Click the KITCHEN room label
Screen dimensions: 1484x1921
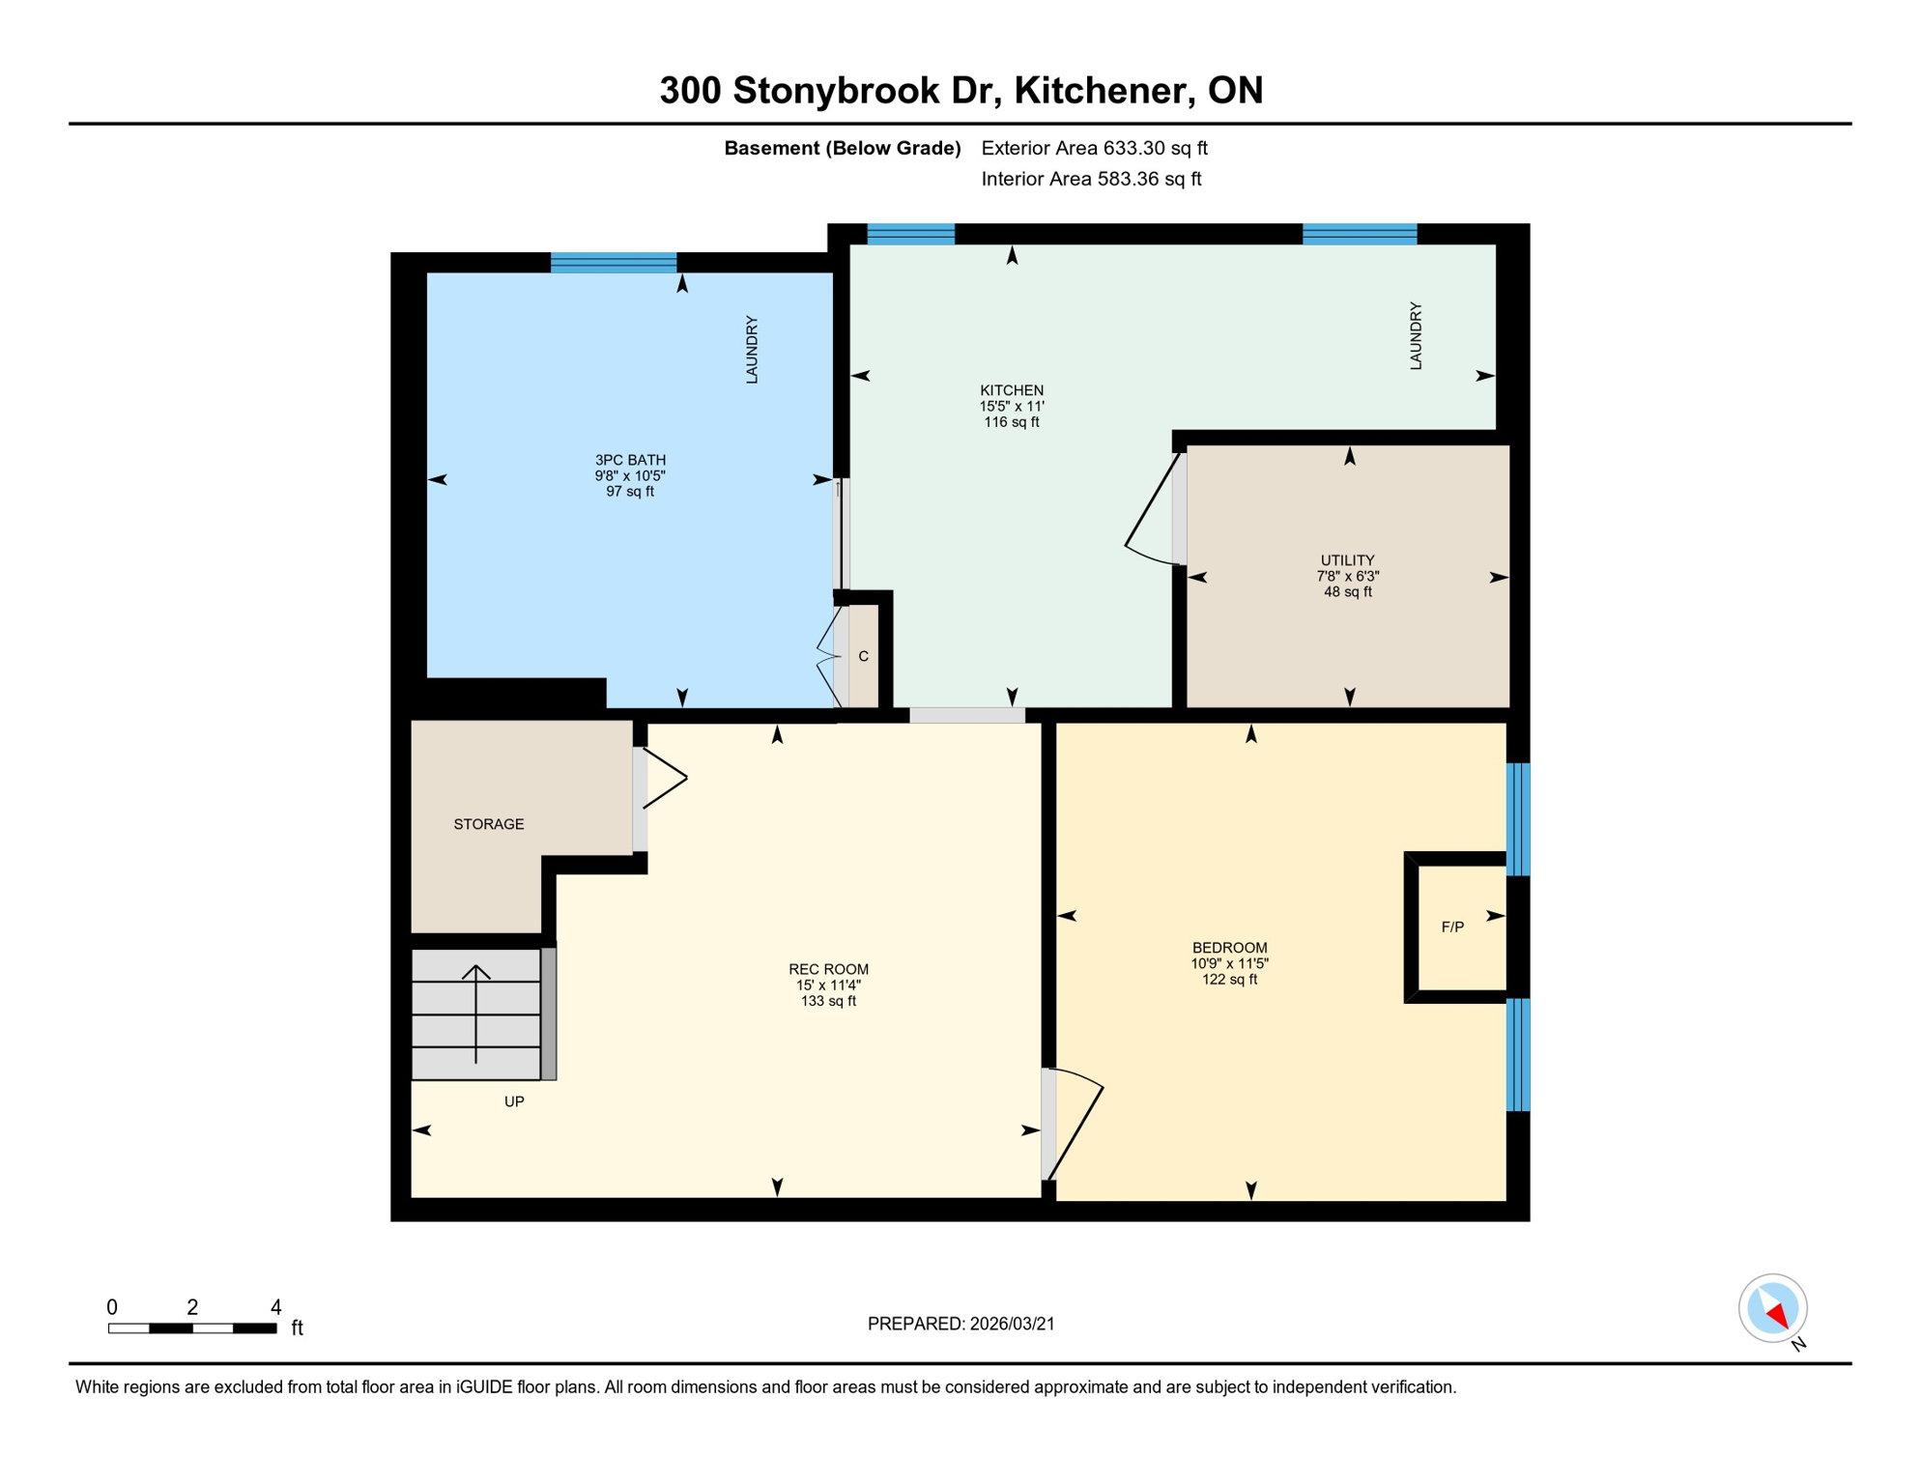[1011, 390]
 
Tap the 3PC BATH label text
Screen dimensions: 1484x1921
[630, 460]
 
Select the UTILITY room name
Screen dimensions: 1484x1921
[1347, 560]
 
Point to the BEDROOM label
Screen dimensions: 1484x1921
[1229, 948]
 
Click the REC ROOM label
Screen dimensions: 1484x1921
[828, 969]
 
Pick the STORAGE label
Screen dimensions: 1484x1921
[489, 824]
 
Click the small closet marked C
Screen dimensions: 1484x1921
[864, 656]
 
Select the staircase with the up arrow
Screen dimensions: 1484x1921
[475, 1013]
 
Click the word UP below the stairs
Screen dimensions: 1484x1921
[514, 1101]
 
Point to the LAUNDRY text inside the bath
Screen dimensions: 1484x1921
[752, 350]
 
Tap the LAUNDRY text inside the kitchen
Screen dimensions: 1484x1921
[1416, 335]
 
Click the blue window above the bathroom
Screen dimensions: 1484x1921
[614, 263]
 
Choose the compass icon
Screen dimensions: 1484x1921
[1773, 1309]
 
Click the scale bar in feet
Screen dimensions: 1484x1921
[192, 1328]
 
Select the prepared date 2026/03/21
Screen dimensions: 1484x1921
[960, 1324]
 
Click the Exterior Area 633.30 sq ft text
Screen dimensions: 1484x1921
[1094, 148]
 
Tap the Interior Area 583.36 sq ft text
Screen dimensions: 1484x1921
[1091, 179]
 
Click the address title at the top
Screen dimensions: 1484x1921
[960, 90]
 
